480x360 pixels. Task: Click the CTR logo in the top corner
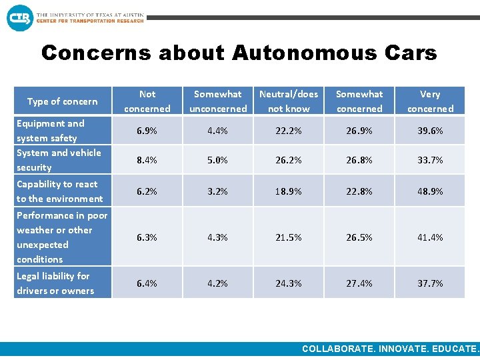point(19,17)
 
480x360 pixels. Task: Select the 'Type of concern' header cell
point(62,101)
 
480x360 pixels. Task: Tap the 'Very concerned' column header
point(430,101)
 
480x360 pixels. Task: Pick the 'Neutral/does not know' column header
point(289,101)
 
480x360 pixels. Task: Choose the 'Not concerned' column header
point(147,101)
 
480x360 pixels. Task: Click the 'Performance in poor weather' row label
point(61,237)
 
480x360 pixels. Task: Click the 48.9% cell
point(430,191)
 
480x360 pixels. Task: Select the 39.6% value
point(430,131)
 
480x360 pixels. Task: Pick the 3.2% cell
point(218,191)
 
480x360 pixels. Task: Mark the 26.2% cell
point(289,160)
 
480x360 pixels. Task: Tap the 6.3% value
point(147,237)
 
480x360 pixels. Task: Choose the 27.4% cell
point(359,283)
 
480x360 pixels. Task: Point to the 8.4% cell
point(147,160)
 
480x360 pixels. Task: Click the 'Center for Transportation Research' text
point(90,21)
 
